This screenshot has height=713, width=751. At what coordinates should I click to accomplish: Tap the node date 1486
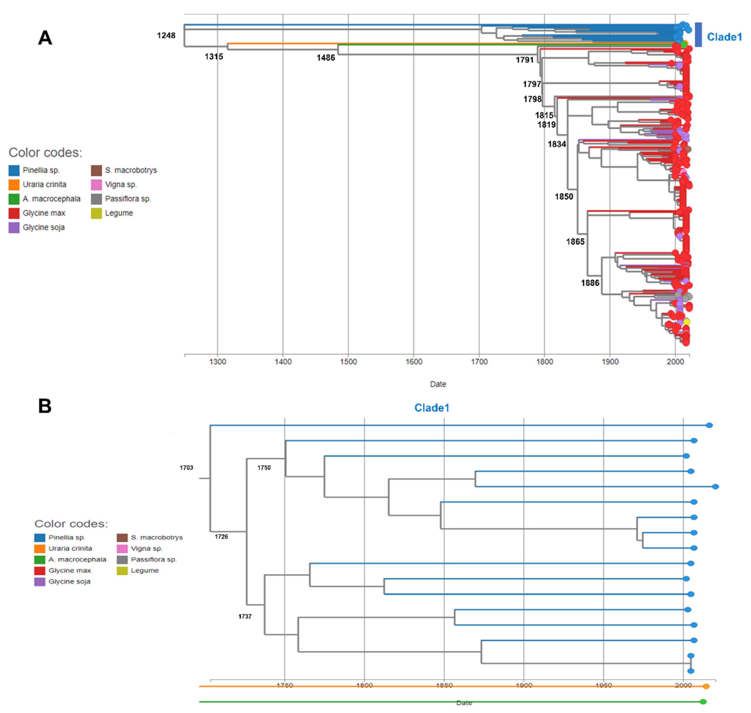pyautogui.click(x=326, y=58)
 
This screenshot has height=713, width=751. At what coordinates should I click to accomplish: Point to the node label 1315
pyautogui.click(x=214, y=57)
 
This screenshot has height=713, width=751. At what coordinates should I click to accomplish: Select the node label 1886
pyautogui.click(x=590, y=283)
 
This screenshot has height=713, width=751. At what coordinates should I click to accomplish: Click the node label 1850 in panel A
pyautogui.click(x=563, y=196)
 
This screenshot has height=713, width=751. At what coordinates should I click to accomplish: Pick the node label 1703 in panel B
pyautogui.click(x=186, y=467)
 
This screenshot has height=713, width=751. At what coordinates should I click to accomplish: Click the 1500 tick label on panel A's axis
pyautogui.click(x=348, y=361)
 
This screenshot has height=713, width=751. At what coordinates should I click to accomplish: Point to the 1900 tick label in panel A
pyautogui.click(x=610, y=361)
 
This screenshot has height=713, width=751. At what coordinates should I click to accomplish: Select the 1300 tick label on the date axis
pyautogui.click(x=218, y=361)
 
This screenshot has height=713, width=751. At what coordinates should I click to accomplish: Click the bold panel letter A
pyautogui.click(x=45, y=38)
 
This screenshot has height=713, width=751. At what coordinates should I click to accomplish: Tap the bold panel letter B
pyautogui.click(x=45, y=406)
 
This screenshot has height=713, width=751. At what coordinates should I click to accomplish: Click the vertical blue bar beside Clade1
pyautogui.click(x=698, y=35)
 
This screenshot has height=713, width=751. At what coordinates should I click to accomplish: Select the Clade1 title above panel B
pyautogui.click(x=432, y=408)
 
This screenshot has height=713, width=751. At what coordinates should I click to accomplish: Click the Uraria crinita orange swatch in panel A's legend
pyautogui.click(x=14, y=185)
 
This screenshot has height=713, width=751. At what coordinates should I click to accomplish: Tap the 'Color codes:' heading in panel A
pyautogui.click(x=45, y=152)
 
